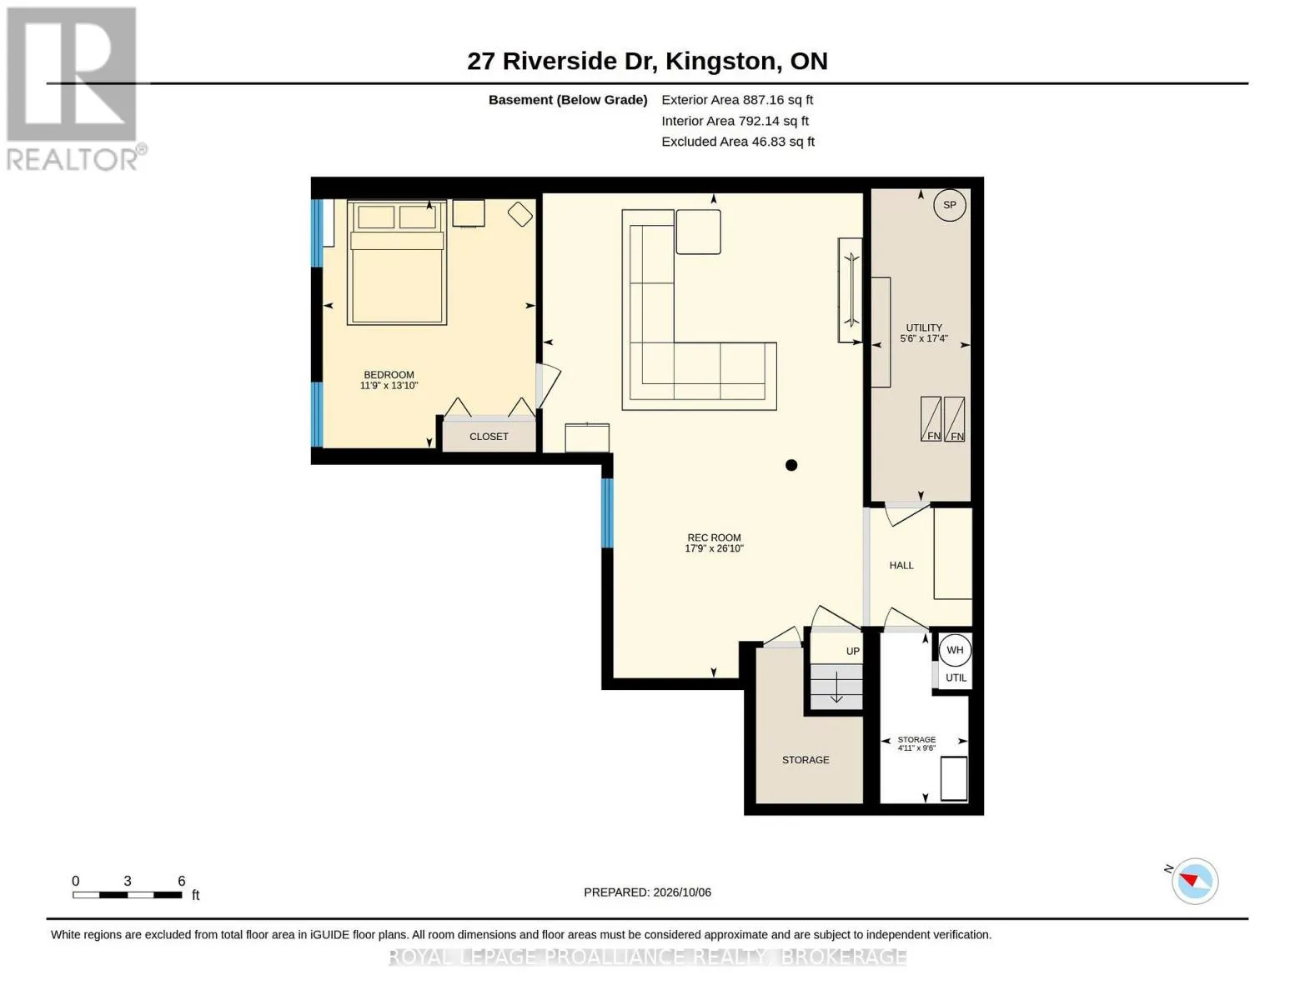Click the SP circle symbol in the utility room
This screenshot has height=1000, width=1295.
(949, 205)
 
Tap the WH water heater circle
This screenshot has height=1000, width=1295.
(954, 650)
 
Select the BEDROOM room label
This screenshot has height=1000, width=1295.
(389, 375)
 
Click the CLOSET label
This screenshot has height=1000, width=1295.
(489, 437)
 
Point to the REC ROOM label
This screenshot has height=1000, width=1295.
(714, 537)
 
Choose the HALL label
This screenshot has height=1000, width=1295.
(901, 565)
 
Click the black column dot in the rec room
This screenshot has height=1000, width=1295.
(791, 465)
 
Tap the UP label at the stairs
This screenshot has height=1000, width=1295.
(853, 651)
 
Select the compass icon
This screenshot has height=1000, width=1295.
(1194, 881)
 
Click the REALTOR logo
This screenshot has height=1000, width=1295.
(73, 89)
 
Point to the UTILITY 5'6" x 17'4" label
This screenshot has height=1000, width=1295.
(924, 333)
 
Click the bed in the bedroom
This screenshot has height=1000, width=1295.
(397, 262)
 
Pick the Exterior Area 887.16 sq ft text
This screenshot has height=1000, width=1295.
(737, 100)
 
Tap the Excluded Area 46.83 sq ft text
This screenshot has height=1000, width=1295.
(738, 142)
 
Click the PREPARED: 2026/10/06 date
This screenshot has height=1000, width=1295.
(647, 892)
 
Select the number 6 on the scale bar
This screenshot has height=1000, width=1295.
(181, 881)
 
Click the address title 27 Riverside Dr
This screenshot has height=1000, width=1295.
(563, 62)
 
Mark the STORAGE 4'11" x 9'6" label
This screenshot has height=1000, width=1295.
(916, 743)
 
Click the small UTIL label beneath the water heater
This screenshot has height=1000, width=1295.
(956, 677)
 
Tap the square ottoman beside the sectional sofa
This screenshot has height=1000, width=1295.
(698, 232)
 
